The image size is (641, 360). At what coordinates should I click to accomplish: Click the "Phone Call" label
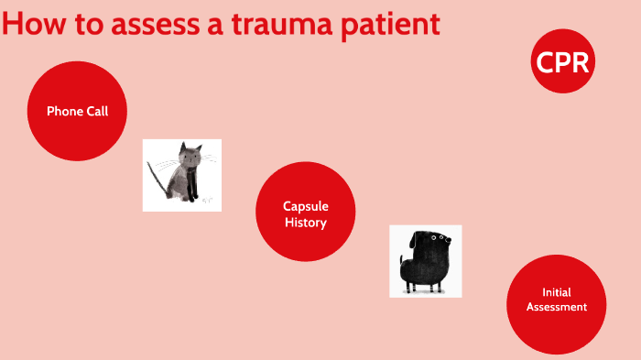point(77,111)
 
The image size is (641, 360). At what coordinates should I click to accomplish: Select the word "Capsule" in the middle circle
point(305,206)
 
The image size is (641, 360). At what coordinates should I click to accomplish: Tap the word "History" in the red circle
point(305,222)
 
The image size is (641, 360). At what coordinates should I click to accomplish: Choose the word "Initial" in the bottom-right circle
point(556,292)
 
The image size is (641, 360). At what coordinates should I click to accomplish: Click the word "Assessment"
point(556,307)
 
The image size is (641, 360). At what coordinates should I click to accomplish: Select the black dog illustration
point(425,261)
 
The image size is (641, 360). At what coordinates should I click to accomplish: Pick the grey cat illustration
point(181,175)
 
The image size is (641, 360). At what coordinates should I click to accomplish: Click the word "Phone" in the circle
point(63,111)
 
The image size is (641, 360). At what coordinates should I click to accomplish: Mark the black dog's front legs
point(430,286)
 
